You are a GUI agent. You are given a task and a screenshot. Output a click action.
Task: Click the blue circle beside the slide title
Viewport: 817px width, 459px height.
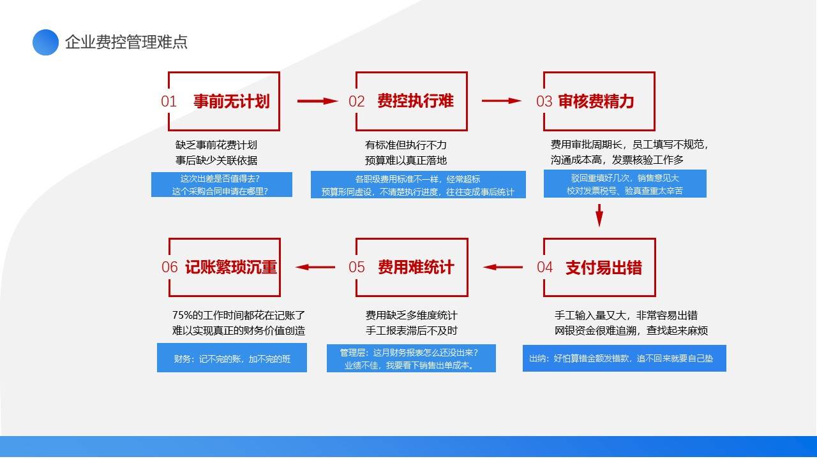click(45, 42)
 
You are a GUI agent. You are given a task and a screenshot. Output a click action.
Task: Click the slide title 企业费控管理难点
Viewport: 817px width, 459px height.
click(126, 42)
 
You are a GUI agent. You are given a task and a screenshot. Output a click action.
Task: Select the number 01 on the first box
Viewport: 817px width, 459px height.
click(169, 101)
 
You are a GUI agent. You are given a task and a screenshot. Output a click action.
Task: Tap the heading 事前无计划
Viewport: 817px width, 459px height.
click(232, 101)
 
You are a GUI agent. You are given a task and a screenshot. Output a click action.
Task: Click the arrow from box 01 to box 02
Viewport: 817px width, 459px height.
click(318, 101)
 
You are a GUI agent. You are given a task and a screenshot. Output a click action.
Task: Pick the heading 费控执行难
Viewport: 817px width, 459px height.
click(416, 101)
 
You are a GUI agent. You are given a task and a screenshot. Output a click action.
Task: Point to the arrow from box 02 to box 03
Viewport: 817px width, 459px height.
click(502, 101)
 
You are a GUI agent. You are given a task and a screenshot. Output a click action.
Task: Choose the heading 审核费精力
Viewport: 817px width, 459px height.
click(596, 101)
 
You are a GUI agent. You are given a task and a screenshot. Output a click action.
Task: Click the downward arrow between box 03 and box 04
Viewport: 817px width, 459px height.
click(599, 215)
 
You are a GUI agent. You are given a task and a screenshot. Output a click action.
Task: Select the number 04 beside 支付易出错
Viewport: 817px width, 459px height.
click(545, 267)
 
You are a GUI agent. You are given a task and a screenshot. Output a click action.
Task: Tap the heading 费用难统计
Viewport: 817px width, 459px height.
click(416, 267)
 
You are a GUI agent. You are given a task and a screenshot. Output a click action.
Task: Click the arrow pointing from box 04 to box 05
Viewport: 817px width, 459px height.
click(502, 267)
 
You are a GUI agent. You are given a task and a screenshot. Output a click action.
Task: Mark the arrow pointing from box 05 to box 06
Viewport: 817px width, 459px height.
click(315, 267)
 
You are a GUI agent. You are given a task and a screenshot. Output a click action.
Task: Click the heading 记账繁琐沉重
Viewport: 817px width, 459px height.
click(231, 267)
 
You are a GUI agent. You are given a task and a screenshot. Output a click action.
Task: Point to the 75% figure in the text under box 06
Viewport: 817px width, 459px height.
click(182, 315)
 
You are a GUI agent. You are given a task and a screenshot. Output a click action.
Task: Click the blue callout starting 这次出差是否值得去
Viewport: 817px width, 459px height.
click(221, 185)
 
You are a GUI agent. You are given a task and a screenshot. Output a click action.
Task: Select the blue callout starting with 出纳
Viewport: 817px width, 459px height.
click(624, 358)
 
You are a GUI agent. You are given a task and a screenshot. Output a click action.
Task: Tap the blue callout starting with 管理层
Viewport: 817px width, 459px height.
click(411, 358)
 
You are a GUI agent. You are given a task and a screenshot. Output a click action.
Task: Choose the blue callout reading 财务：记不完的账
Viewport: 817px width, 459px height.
click(232, 358)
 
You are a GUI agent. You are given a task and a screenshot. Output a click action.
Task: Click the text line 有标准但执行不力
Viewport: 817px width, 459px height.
click(406, 145)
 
